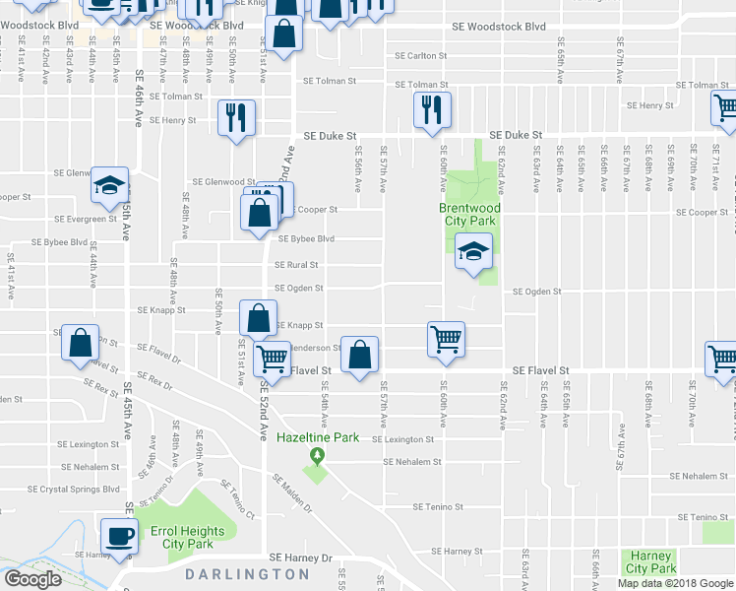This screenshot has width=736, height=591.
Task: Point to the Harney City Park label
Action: click(650, 561)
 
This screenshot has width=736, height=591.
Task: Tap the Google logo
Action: click(32, 579)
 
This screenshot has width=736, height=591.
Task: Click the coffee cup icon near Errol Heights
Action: click(120, 538)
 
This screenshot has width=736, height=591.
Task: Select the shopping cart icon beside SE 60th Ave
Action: click(446, 339)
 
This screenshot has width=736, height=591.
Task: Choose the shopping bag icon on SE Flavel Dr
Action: click(81, 343)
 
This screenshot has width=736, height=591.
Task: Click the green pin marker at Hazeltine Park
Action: click(317, 456)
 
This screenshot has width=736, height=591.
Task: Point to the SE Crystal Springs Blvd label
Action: click(73, 489)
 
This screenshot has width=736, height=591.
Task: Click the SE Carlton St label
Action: click(422, 55)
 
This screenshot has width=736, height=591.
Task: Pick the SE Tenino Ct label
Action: click(237, 500)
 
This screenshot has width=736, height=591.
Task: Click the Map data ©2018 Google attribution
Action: click(675, 583)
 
